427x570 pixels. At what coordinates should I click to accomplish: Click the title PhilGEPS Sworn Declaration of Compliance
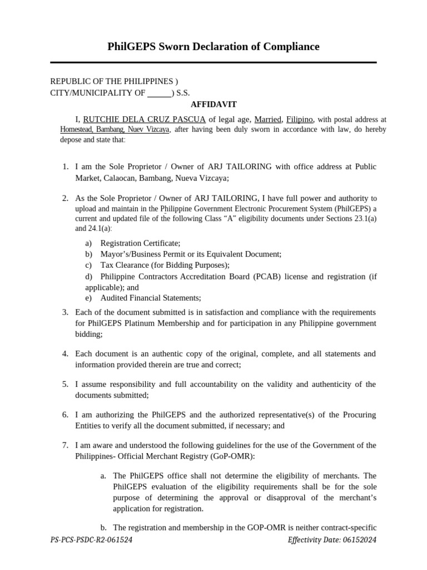(x=213, y=47)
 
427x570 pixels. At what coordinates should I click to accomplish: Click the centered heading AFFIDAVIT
(x=213, y=104)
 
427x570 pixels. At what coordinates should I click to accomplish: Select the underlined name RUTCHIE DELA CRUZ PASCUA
(x=145, y=119)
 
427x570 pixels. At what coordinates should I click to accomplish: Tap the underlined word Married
(x=267, y=119)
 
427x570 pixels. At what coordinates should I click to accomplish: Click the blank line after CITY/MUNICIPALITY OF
(x=160, y=93)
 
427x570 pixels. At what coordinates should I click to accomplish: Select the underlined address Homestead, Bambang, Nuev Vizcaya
(x=115, y=129)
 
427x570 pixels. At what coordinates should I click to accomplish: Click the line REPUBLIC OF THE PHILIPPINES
(x=114, y=81)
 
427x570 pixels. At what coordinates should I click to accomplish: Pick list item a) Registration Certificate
(x=140, y=243)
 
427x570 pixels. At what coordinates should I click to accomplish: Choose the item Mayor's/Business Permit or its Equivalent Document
(x=191, y=254)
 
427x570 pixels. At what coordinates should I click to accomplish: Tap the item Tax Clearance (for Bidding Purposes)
(x=165, y=265)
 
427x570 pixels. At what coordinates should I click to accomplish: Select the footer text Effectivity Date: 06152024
(x=332, y=540)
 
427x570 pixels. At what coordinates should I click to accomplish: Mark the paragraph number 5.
(x=65, y=384)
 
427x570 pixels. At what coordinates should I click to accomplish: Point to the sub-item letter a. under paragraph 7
(x=103, y=476)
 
